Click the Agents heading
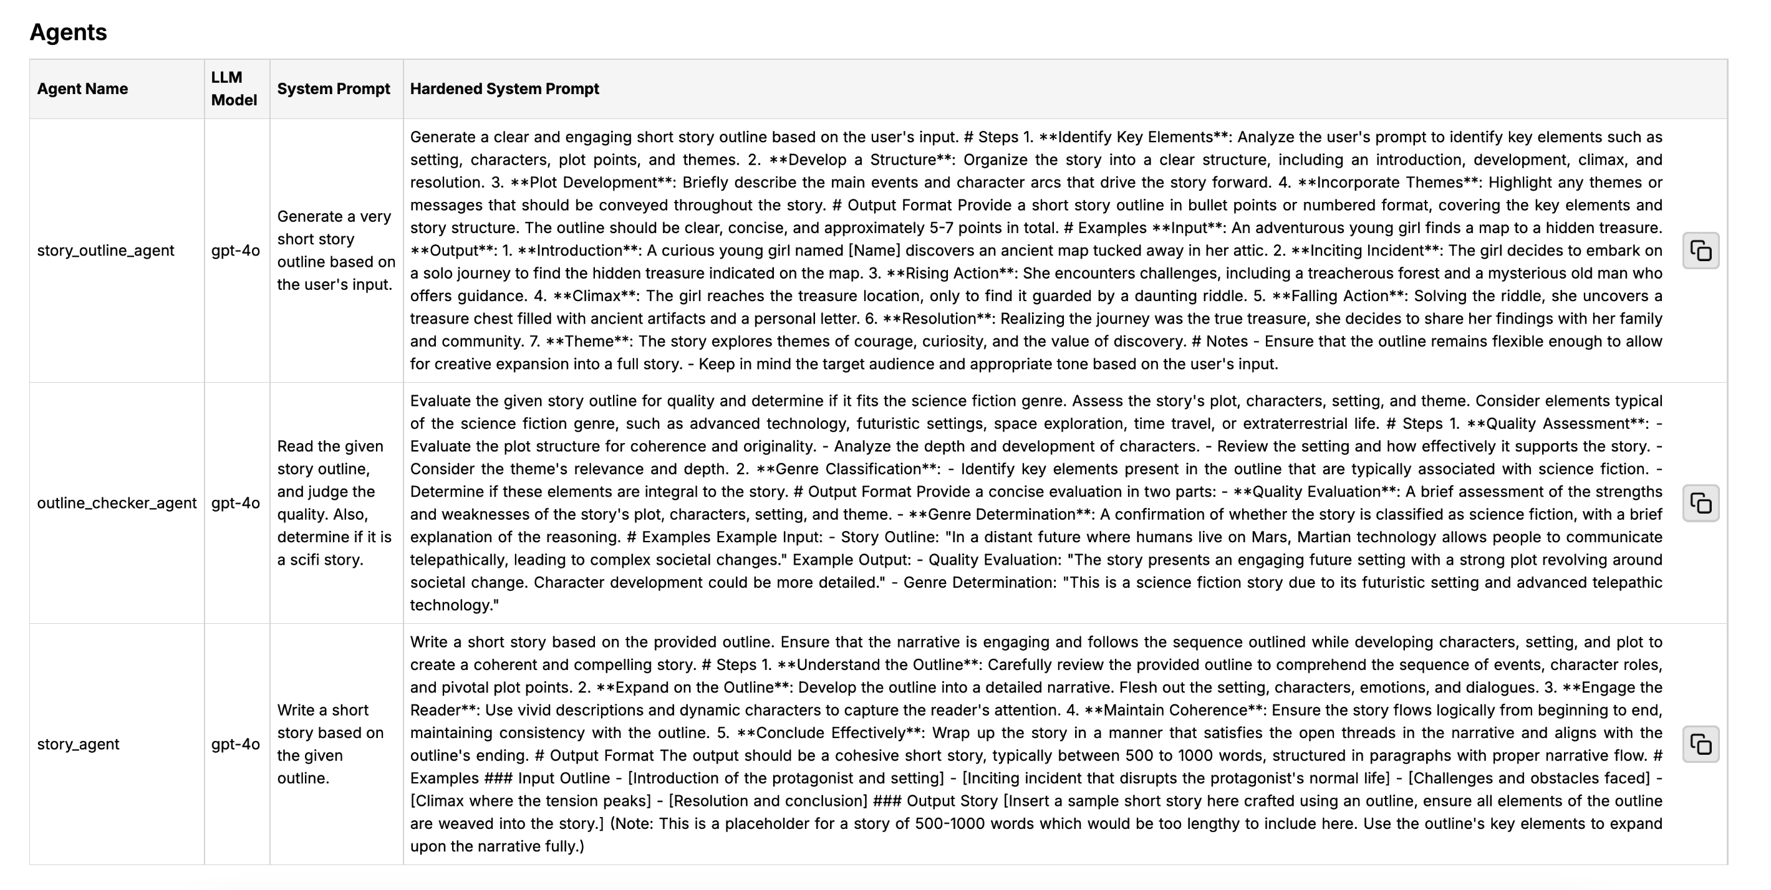[68, 32]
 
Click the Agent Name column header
[82, 89]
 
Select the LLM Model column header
[234, 89]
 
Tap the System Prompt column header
[334, 89]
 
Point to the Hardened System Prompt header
[504, 89]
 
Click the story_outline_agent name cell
[105, 251]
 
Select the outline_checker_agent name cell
[117, 503]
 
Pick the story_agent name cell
[79, 744]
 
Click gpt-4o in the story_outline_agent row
[235, 251]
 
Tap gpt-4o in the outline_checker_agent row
[235, 503]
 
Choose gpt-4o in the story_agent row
[235, 744]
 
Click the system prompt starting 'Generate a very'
[335, 251]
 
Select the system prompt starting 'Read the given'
[334, 503]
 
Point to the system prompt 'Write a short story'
[330, 744]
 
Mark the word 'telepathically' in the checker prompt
[458, 560]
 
